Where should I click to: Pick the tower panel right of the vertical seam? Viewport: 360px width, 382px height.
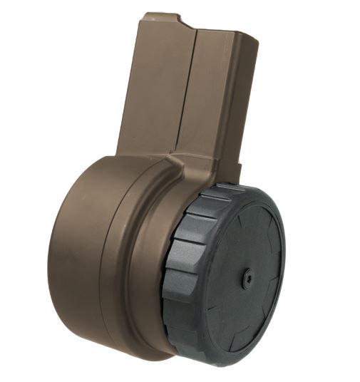click(214, 93)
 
